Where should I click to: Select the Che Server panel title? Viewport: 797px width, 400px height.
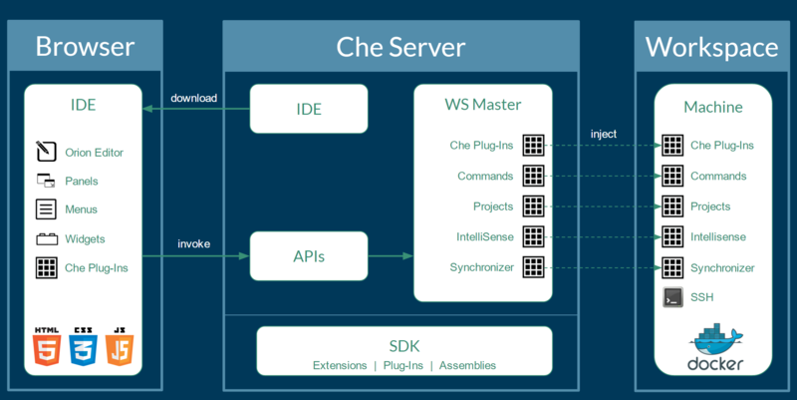tap(400, 47)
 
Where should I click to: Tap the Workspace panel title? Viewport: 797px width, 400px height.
tap(711, 47)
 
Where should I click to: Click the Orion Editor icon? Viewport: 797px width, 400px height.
tap(46, 153)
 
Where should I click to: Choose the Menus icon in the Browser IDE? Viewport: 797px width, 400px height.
tap(46, 209)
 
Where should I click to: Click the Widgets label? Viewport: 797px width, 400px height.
tap(85, 238)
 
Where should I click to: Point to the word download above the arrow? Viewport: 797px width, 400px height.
tap(193, 98)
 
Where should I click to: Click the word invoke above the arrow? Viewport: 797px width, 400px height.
tap(193, 243)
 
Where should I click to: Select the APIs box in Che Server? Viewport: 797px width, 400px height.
tap(309, 257)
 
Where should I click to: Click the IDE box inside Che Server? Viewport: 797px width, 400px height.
tap(309, 109)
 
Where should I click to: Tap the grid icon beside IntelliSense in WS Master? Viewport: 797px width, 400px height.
tap(533, 236)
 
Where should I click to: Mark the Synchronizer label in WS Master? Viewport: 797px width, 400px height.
tap(481, 267)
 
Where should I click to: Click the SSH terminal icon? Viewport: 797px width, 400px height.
tap(672, 297)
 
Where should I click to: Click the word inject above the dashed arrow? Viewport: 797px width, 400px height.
tap(604, 134)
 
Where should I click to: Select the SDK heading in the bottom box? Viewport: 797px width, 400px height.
tap(404, 345)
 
